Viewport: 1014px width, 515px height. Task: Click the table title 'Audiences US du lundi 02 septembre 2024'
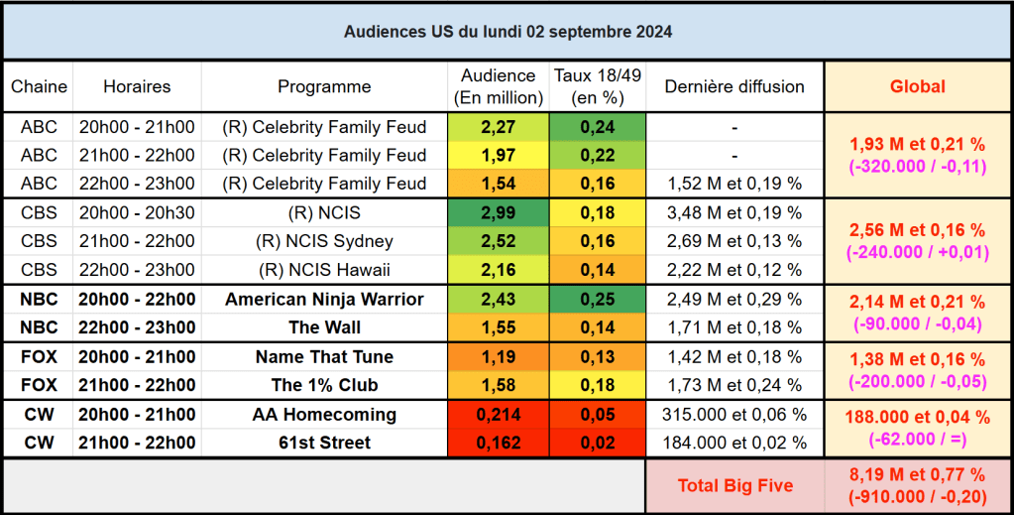pyautogui.click(x=507, y=32)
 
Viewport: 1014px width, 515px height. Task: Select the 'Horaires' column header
pyautogui.click(x=137, y=86)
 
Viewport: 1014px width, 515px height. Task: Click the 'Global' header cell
pyautogui.click(x=917, y=86)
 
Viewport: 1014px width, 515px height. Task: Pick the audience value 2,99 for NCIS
pyautogui.click(x=499, y=213)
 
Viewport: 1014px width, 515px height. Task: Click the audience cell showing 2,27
pyautogui.click(x=499, y=127)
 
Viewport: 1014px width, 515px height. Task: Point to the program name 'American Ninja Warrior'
pyautogui.click(x=324, y=300)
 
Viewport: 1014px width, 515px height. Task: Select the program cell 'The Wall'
pyautogui.click(x=324, y=327)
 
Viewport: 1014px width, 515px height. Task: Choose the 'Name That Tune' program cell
pyautogui.click(x=324, y=357)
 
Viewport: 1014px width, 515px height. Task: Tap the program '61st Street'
pyautogui.click(x=324, y=443)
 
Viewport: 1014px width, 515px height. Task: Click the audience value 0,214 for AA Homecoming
pyautogui.click(x=499, y=415)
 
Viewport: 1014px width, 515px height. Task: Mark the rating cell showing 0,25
pyautogui.click(x=598, y=300)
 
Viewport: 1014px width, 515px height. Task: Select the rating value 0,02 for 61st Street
pyautogui.click(x=598, y=443)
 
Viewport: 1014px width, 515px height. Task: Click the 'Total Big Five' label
pyautogui.click(x=734, y=485)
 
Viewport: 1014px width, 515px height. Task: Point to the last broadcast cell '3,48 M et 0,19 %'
pyautogui.click(x=734, y=213)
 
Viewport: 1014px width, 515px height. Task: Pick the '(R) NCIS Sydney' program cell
pyautogui.click(x=324, y=242)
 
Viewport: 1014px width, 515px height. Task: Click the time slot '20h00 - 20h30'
pyautogui.click(x=137, y=213)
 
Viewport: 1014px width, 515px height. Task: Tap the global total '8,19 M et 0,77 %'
pyautogui.click(x=917, y=474)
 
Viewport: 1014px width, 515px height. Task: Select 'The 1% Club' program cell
pyautogui.click(x=324, y=385)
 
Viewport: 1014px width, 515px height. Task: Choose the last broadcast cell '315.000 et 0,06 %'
pyautogui.click(x=734, y=415)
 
